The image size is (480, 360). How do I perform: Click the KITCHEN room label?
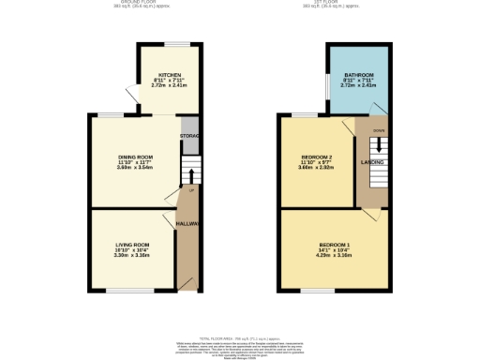[170, 75]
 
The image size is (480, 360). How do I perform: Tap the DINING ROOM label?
[135, 157]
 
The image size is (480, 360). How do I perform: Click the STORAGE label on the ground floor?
[189, 136]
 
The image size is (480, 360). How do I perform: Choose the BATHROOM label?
[359, 75]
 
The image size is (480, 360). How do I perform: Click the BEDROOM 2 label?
[316, 157]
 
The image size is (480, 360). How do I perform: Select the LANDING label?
[372, 162]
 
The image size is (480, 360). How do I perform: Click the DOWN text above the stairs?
[378, 130]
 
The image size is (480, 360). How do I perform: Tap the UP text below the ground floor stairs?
[192, 191]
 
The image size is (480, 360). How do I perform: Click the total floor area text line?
[240, 337]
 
